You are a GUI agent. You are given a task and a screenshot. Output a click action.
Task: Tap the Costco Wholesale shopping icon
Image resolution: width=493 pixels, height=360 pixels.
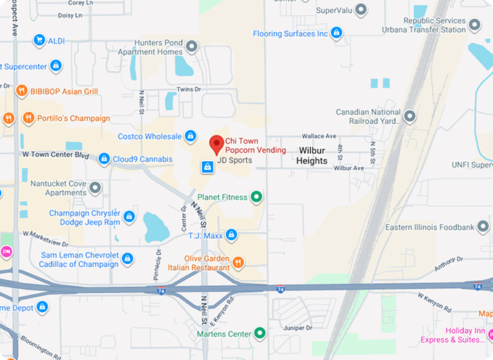(x=190, y=136)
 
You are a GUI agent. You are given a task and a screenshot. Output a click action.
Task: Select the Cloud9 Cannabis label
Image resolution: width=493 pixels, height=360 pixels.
(x=142, y=159)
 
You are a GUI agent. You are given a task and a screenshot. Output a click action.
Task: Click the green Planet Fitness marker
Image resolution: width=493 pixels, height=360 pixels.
(x=256, y=197)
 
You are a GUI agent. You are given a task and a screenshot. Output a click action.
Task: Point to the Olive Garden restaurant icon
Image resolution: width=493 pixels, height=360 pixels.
(x=238, y=261)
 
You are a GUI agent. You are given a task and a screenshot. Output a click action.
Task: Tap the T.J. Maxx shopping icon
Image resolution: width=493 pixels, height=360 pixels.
(x=231, y=234)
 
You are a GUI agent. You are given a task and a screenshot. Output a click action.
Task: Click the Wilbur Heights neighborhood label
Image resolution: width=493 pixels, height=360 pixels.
(x=312, y=155)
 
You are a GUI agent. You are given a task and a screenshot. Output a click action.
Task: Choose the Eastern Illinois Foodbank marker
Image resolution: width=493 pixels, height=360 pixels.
(x=483, y=227)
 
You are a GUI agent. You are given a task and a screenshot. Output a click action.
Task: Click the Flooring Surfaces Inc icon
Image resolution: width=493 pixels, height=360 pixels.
(x=335, y=33)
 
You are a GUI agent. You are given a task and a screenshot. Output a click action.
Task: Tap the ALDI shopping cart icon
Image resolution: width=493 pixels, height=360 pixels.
(x=39, y=41)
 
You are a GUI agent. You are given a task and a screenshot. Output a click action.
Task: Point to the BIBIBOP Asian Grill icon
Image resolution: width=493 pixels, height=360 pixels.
(x=21, y=91)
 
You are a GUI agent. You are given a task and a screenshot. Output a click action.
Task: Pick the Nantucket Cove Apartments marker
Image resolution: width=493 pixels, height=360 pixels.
(x=95, y=189)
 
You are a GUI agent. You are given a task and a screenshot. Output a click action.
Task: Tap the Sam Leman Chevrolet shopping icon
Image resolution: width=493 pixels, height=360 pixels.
(x=128, y=258)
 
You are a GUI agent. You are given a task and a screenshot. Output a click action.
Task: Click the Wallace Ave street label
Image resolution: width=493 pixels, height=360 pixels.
(x=319, y=136)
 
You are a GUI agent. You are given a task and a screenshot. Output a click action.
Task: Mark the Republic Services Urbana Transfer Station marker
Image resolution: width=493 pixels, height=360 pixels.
(x=475, y=25)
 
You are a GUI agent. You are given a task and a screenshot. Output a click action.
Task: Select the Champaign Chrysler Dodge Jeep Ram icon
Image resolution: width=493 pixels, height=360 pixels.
(x=129, y=217)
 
